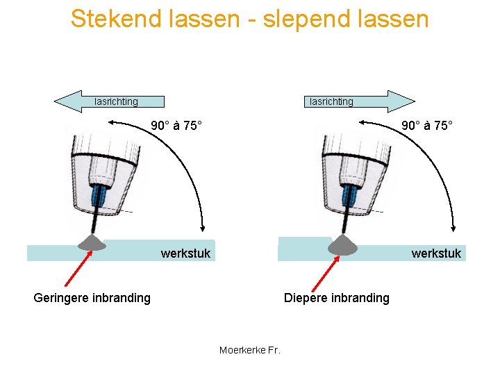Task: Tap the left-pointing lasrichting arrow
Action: [x=109, y=101]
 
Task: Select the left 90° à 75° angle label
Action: [x=177, y=126]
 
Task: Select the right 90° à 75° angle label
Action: [x=427, y=126]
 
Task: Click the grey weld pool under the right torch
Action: [x=341, y=244]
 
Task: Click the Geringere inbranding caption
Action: [x=92, y=298]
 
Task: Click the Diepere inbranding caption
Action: [x=337, y=298]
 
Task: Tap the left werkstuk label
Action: [x=185, y=253]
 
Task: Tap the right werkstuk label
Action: [x=436, y=253]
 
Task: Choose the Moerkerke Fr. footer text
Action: [x=249, y=350]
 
